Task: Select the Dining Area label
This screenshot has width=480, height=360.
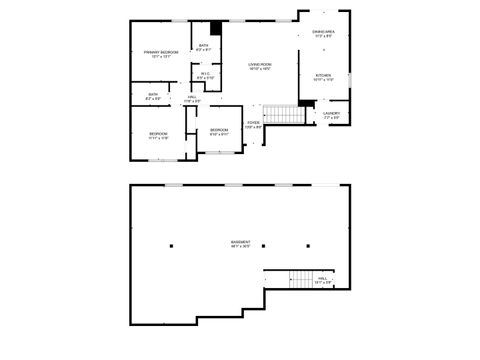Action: (323, 34)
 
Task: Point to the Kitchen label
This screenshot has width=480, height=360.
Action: (324, 77)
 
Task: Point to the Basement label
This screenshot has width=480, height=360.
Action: (241, 243)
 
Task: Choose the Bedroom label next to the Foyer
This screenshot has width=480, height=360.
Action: (219, 132)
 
